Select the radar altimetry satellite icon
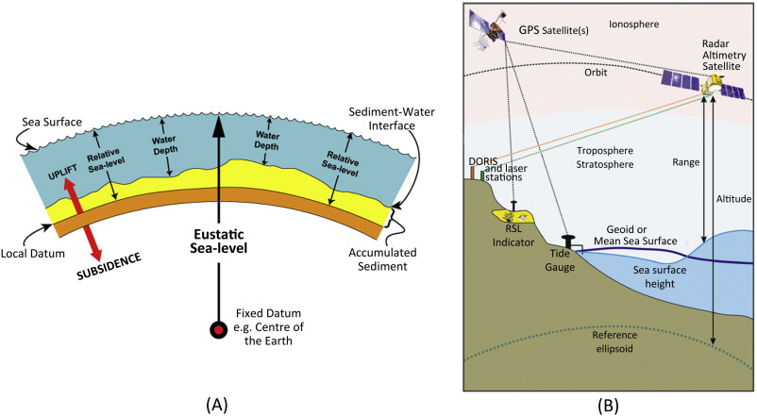[x=707, y=87]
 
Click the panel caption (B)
[x=610, y=404]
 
